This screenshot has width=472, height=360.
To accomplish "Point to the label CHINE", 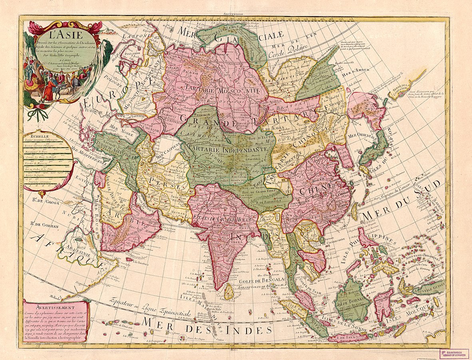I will tap(320, 186).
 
